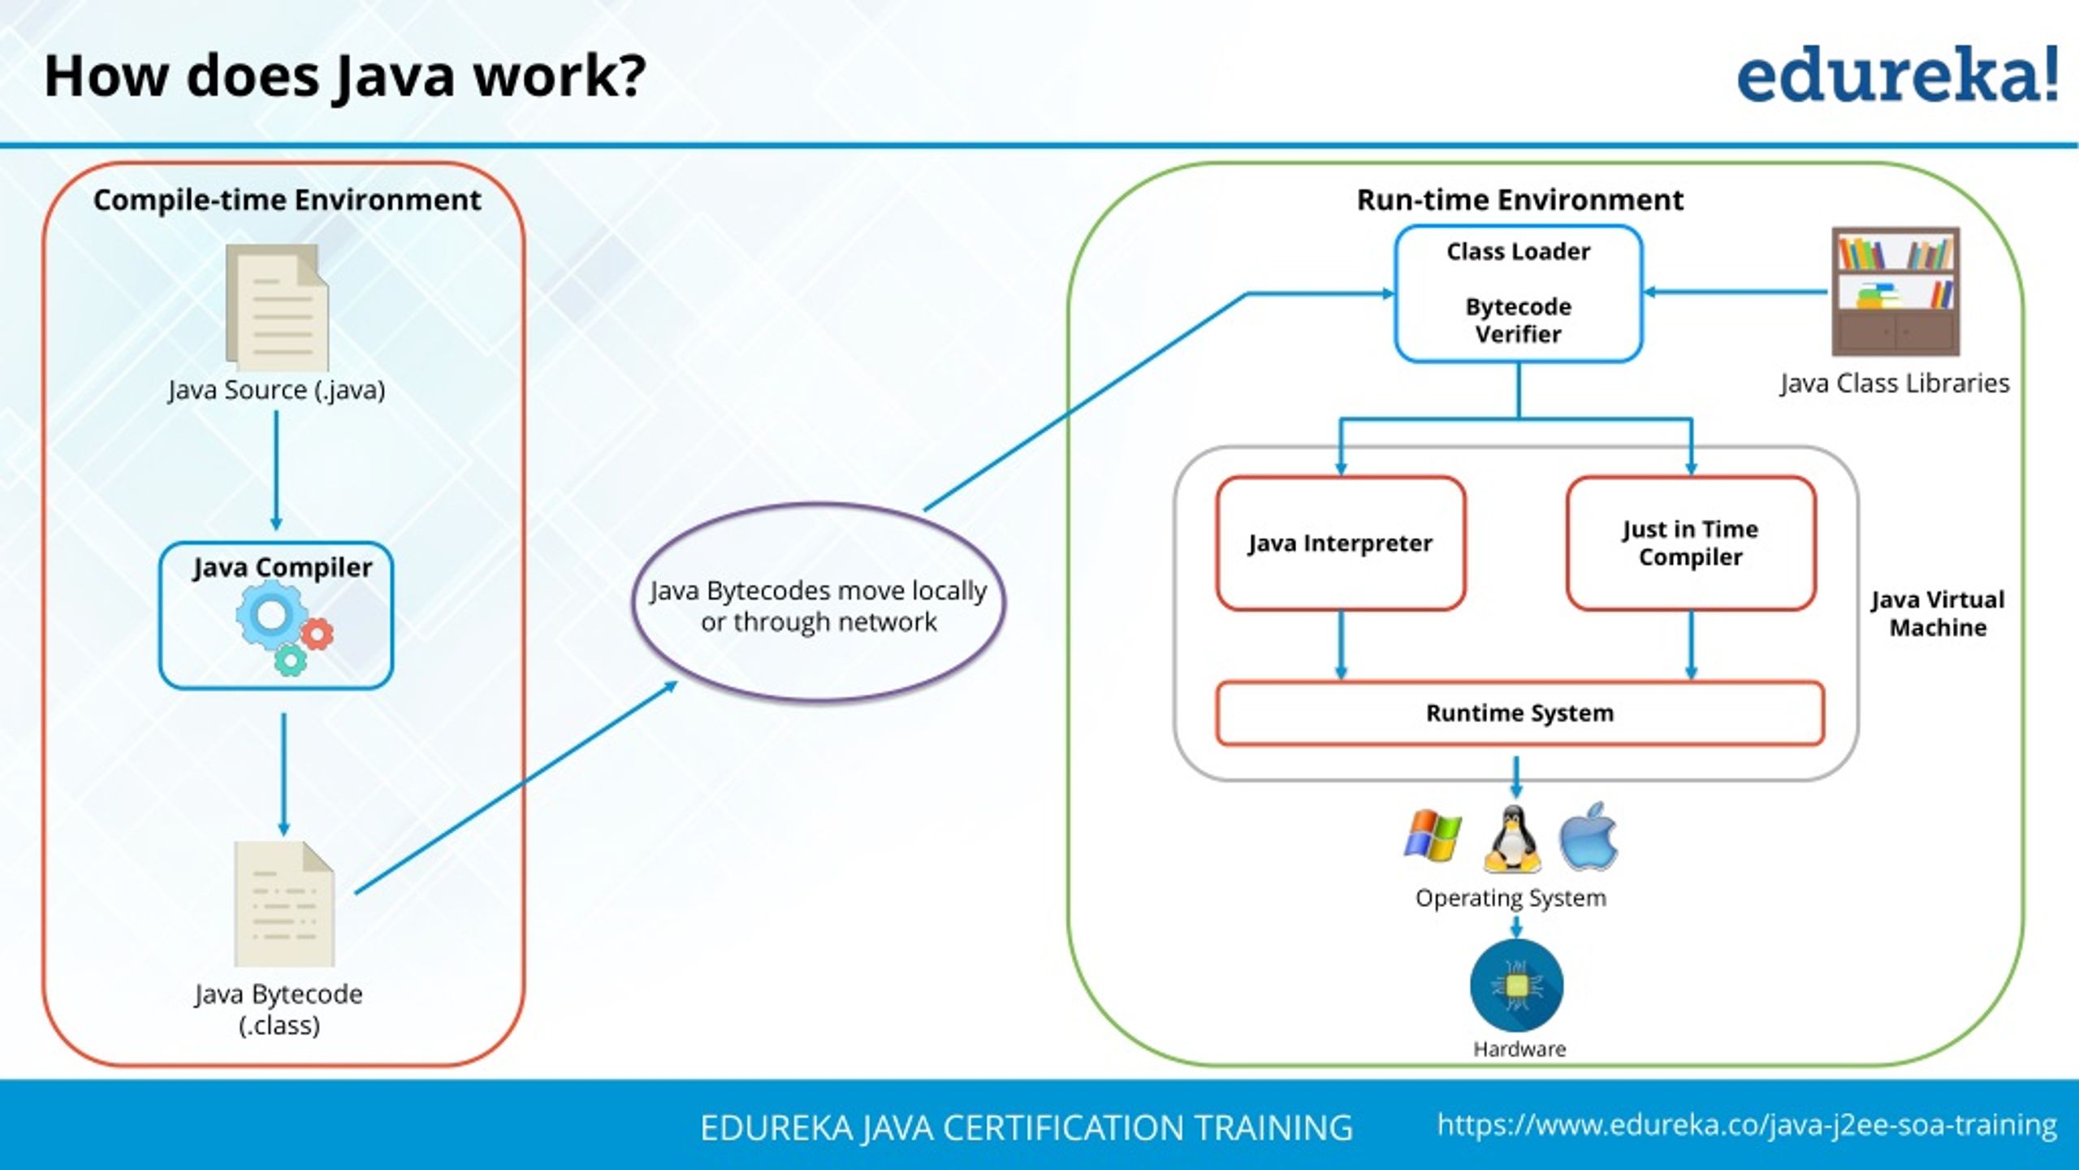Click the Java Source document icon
278,309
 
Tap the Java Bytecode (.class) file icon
284,903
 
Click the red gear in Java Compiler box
318,634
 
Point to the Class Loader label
1518,252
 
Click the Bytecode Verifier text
1518,320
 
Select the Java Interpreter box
1341,543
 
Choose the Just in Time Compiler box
1691,543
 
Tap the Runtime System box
1519,713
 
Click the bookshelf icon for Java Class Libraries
1895,291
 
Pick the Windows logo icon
1433,834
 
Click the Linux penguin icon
1512,838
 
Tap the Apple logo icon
1588,837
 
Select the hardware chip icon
1516,986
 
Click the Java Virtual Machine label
1938,613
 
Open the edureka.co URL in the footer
1746,1125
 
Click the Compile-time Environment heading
287,200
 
